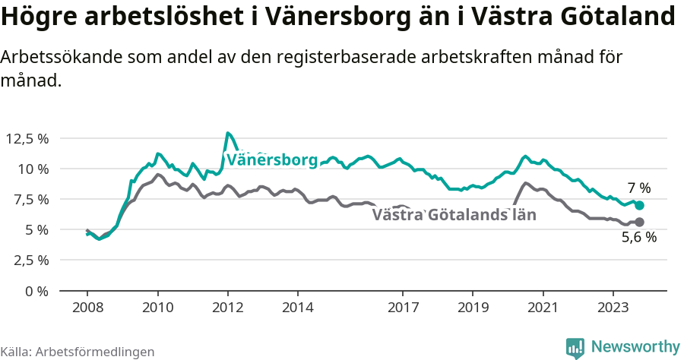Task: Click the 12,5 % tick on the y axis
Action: (x=27, y=138)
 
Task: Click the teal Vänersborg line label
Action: (x=271, y=160)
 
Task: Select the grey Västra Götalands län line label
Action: (x=454, y=215)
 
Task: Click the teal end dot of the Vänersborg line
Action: (x=639, y=205)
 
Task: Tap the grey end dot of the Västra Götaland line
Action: (x=639, y=222)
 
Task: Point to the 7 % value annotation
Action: (x=639, y=188)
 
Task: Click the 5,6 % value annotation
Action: (x=638, y=237)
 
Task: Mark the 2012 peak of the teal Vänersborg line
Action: (x=228, y=133)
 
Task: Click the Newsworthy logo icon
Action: (x=575, y=348)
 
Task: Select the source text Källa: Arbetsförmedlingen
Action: (x=78, y=352)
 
